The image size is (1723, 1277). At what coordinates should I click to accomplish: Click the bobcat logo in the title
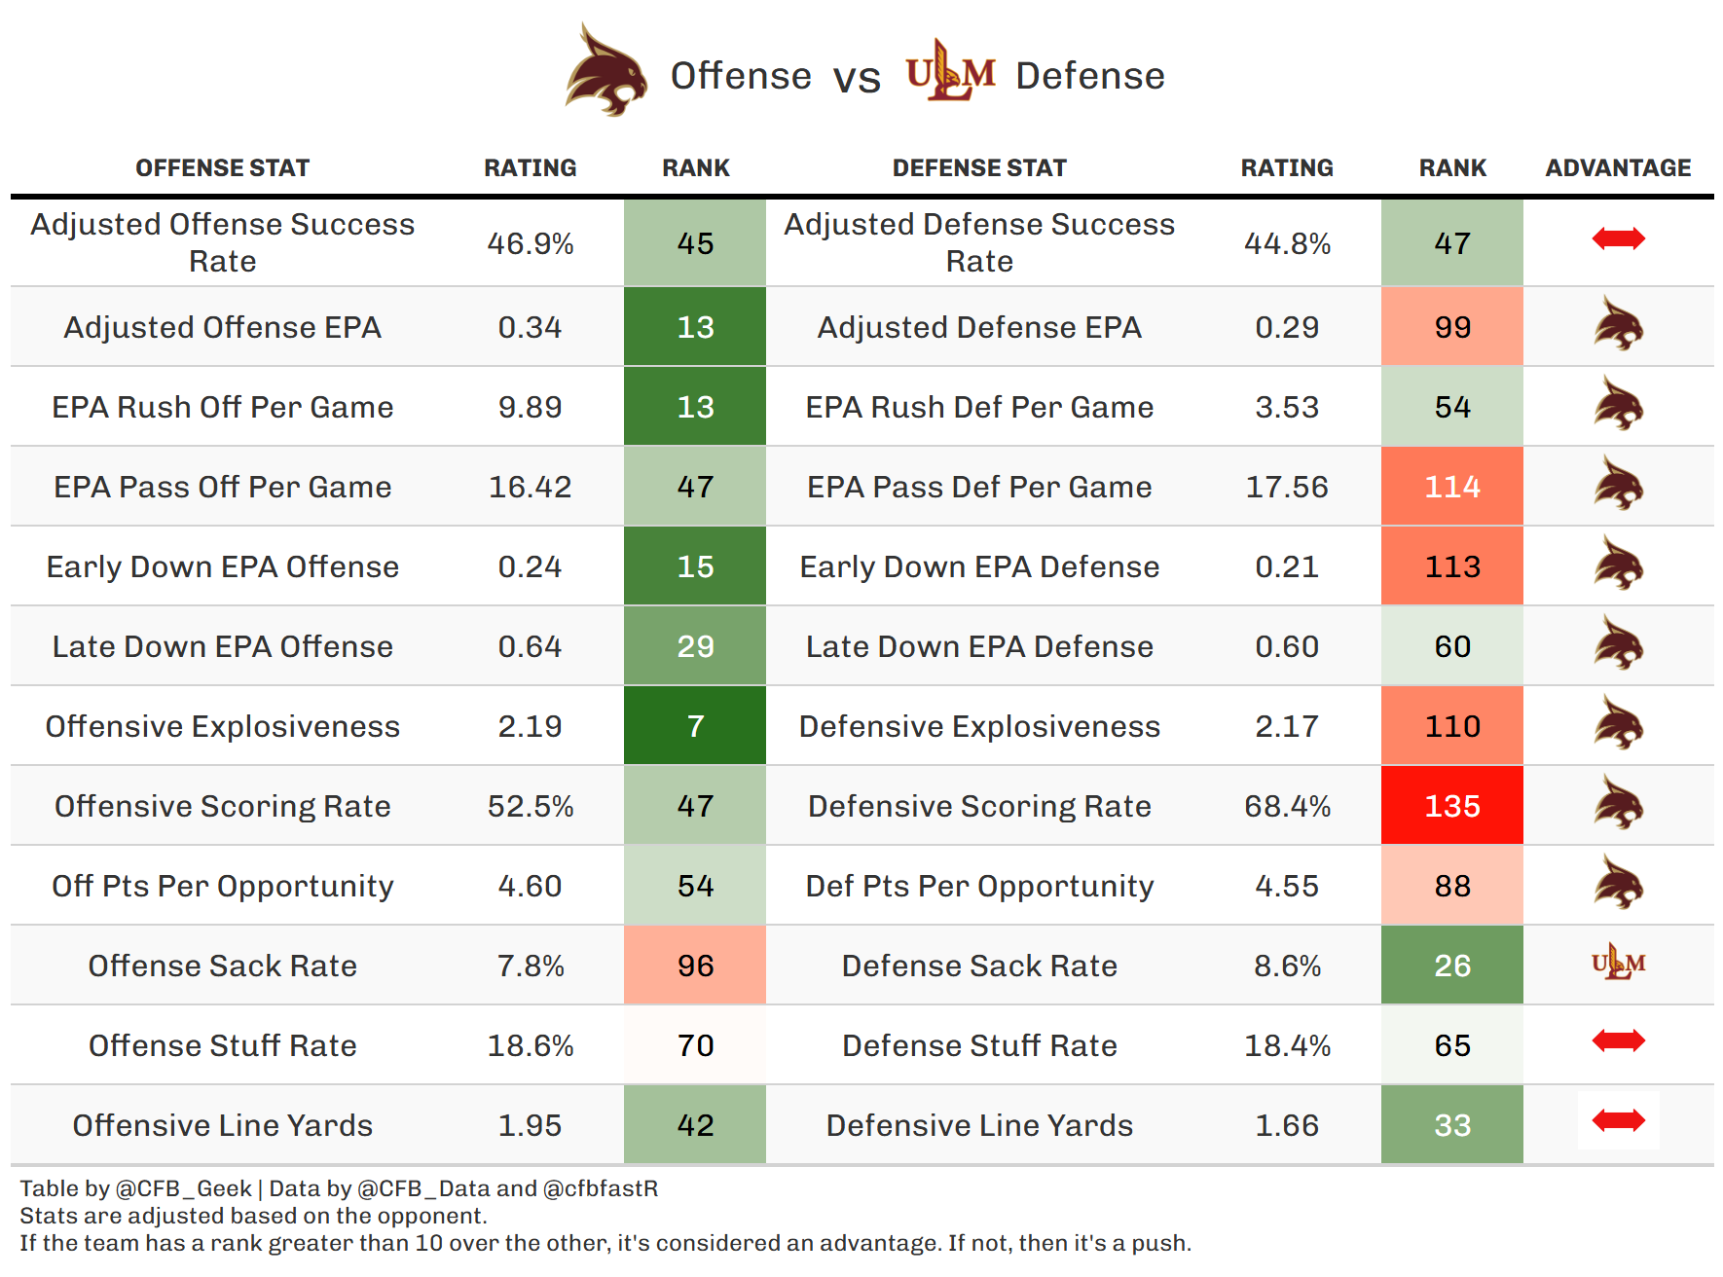(606, 72)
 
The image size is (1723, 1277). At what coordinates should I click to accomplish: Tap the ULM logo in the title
(950, 72)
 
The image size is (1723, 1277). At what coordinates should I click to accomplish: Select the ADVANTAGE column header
(1618, 168)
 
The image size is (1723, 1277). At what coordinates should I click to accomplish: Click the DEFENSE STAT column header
(979, 168)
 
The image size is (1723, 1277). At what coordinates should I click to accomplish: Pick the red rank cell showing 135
(1451, 806)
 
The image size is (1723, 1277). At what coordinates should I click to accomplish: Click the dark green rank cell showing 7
(695, 726)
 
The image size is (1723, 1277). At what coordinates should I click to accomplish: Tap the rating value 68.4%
(1287, 806)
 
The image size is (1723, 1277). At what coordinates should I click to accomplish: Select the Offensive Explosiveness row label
(222, 726)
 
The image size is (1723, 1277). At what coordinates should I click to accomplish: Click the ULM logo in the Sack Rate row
(1618, 964)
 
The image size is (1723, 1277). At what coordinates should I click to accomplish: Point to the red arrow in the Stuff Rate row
(1618, 1041)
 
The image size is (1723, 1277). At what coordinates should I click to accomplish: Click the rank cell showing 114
(1451, 487)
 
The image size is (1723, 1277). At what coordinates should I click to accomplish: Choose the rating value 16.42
(530, 487)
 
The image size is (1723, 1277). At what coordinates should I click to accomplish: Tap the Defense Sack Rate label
(979, 966)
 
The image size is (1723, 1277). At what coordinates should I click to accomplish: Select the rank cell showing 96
(695, 966)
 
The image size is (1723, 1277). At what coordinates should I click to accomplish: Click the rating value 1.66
(1287, 1125)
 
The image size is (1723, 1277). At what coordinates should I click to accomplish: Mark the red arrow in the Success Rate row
(1618, 239)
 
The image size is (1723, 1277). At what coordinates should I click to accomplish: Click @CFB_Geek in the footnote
(183, 1188)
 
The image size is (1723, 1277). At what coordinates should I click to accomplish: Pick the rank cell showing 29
(695, 646)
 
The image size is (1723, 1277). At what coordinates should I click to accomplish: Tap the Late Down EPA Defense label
(979, 646)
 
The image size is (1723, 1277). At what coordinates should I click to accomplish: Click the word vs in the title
(857, 77)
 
